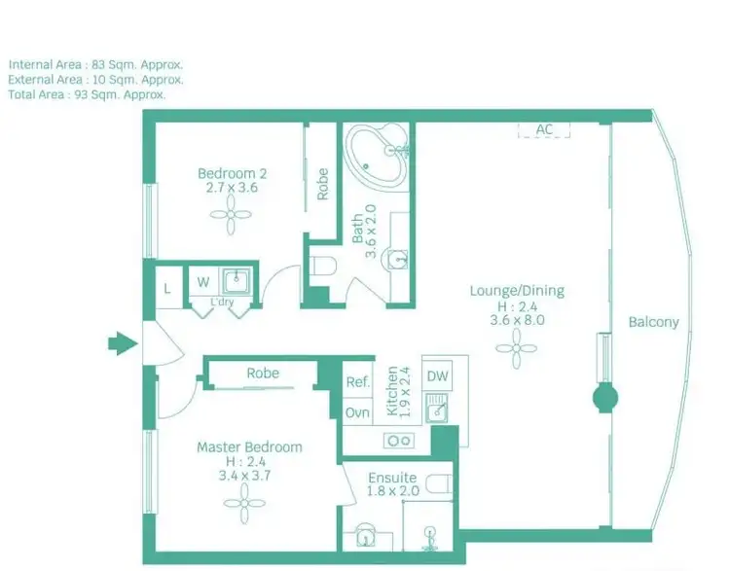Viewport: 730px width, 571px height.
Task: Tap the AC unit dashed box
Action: [544, 129]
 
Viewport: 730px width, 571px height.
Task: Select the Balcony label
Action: [653, 322]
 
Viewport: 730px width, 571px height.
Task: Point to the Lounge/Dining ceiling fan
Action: [517, 346]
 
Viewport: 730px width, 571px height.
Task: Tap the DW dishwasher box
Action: [438, 376]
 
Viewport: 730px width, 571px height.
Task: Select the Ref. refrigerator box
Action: [357, 382]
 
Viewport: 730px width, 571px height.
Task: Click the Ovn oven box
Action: [357, 412]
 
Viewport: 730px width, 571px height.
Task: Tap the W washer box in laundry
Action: [203, 283]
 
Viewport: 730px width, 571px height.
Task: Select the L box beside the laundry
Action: [167, 287]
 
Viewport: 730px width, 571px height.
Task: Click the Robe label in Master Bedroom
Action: [263, 373]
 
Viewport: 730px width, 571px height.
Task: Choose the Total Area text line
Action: [88, 95]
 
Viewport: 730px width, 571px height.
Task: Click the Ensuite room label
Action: [392, 478]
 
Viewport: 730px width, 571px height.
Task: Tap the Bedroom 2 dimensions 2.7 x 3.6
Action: [232, 188]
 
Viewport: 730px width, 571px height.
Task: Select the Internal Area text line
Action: [95, 65]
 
